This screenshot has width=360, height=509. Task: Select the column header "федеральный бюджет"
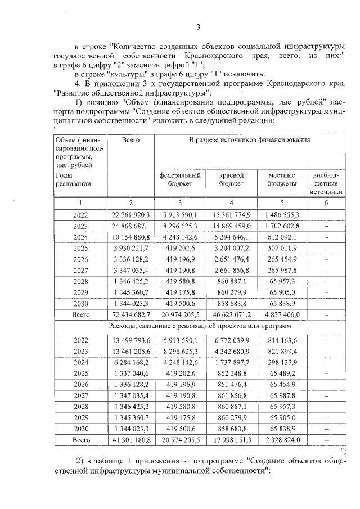click(179, 179)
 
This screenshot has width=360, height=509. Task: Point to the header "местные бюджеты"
click(282, 179)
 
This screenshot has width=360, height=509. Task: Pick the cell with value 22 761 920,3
click(130, 214)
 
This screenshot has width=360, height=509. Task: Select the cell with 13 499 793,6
click(130, 340)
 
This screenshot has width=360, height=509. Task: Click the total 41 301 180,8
click(130, 440)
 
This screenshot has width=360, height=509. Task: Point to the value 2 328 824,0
click(282, 440)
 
